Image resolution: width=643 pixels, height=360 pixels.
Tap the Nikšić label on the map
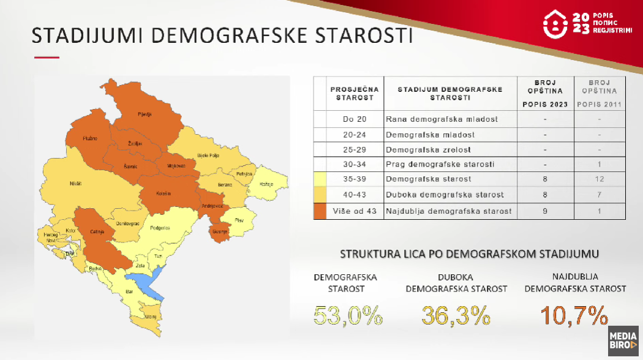click(75, 183)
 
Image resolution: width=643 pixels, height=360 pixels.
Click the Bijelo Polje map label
click(208, 155)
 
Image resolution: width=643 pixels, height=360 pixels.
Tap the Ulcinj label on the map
click(150, 316)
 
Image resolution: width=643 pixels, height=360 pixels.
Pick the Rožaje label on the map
click(266, 184)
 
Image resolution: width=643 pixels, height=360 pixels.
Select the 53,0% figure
click(348, 316)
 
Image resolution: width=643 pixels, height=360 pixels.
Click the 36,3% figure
click(456, 316)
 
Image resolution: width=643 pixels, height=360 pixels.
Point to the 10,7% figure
click(574, 316)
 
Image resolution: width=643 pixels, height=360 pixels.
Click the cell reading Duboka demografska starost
click(445, 195)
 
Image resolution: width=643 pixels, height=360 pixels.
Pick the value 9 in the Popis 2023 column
click(544, 211)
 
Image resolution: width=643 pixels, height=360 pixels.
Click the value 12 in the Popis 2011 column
click(600, 179)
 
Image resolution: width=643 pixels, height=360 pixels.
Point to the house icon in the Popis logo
click(555, 24)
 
